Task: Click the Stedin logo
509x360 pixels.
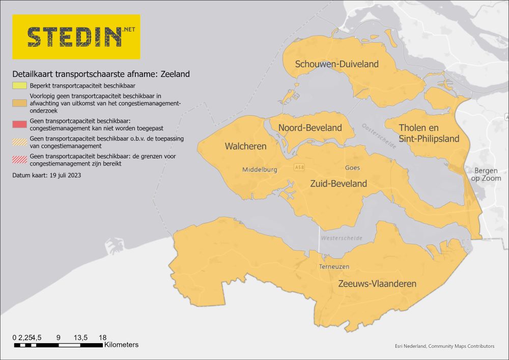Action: coord(76,37)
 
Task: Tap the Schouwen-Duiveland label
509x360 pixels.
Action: coord(337,64)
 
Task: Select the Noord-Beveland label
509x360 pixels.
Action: coord(310,128)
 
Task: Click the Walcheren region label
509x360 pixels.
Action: coord(245,147)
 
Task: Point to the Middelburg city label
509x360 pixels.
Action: coord(260,170)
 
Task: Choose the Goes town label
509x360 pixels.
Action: coord(352,168)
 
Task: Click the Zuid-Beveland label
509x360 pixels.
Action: coord(338,184)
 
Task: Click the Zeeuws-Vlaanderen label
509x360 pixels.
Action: coord(377,284)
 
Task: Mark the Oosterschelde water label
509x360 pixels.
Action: coord(379,136)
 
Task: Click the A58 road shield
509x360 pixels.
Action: coord(300,168)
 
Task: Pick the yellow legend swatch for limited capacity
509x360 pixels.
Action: coord(20,86)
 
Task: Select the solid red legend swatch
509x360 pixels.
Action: coord(20,124)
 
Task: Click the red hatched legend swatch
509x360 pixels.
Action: coord(20,160)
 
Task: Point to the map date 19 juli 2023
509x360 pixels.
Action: coord(47,175)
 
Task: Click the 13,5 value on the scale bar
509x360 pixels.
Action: coord(81,338)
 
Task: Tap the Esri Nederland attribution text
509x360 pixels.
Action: coord(444,346)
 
